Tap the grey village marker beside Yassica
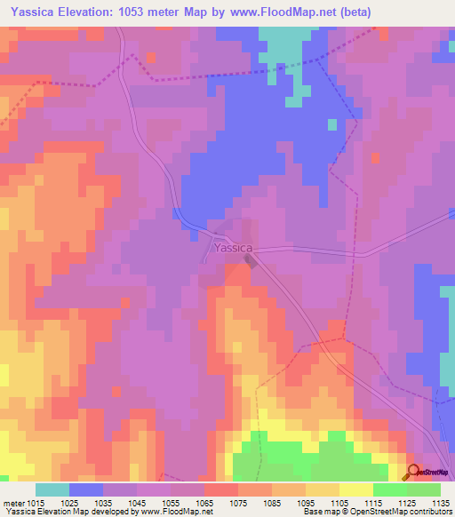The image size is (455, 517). [x=252, y=261]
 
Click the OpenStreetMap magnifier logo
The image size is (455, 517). [x=412, y=472]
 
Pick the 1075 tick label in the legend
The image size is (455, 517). [x=238, y=503]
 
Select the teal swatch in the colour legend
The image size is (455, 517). [x=52, y=489]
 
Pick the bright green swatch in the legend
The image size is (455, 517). [x=390, y=489]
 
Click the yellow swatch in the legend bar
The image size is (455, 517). [x=356, y=489]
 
